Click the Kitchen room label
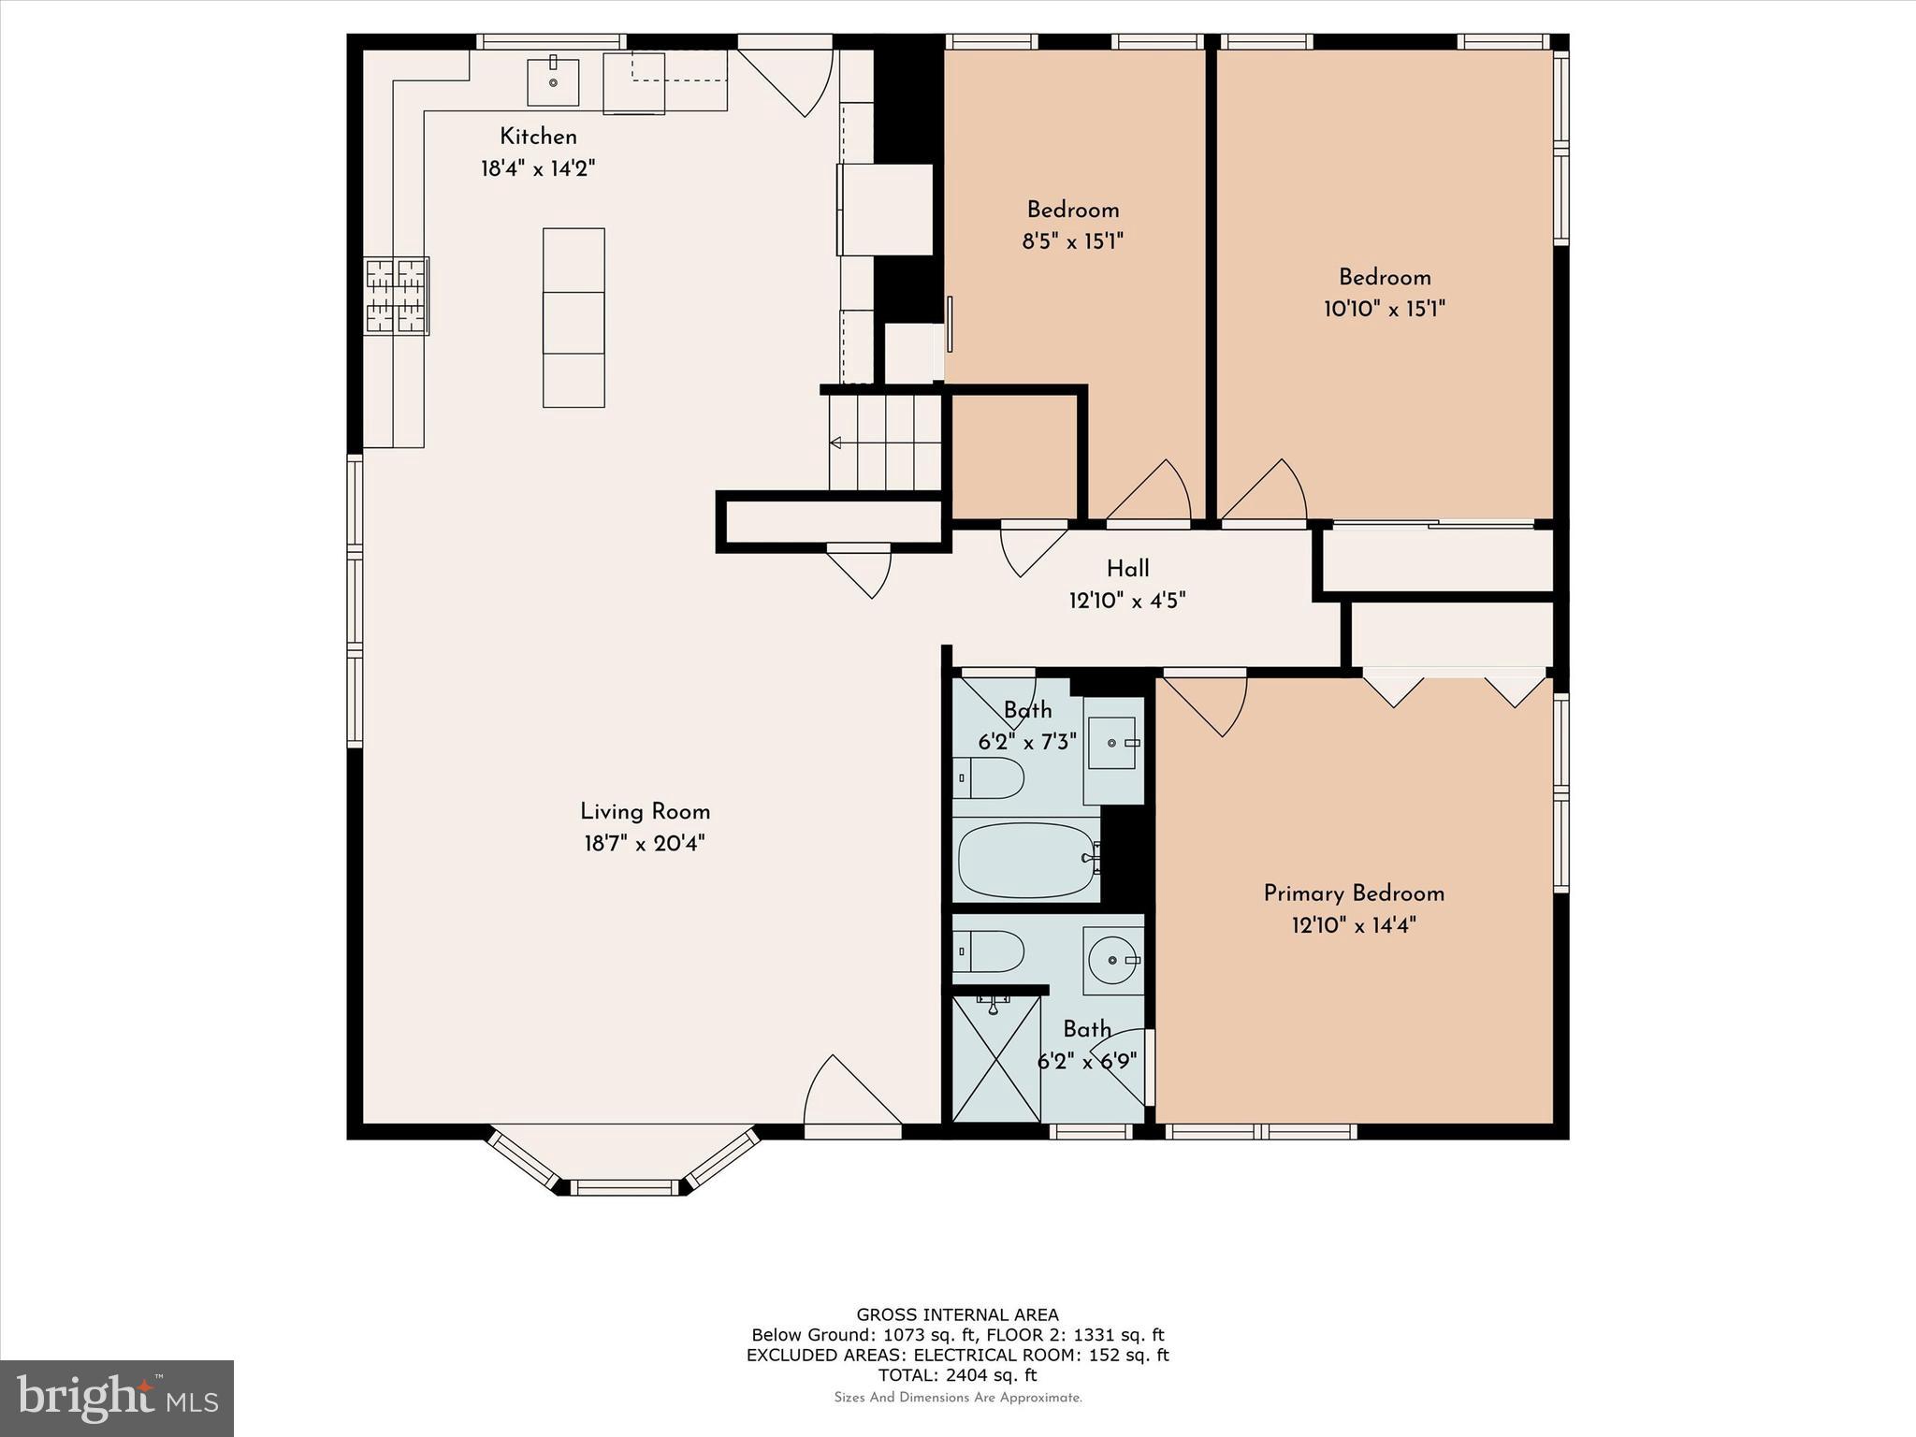538,137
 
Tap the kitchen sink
553,81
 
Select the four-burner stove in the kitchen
397,296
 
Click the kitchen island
573,317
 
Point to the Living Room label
645,812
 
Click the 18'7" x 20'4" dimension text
645,844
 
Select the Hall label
1127,569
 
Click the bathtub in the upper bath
1026,860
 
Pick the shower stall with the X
996,1058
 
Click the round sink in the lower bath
1113,960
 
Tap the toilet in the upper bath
989,777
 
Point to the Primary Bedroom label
1354,893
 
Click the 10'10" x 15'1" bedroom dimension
1385,309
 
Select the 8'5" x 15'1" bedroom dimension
1072,241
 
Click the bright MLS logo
117,1398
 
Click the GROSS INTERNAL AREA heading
957,1314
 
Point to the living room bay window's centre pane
624,1187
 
